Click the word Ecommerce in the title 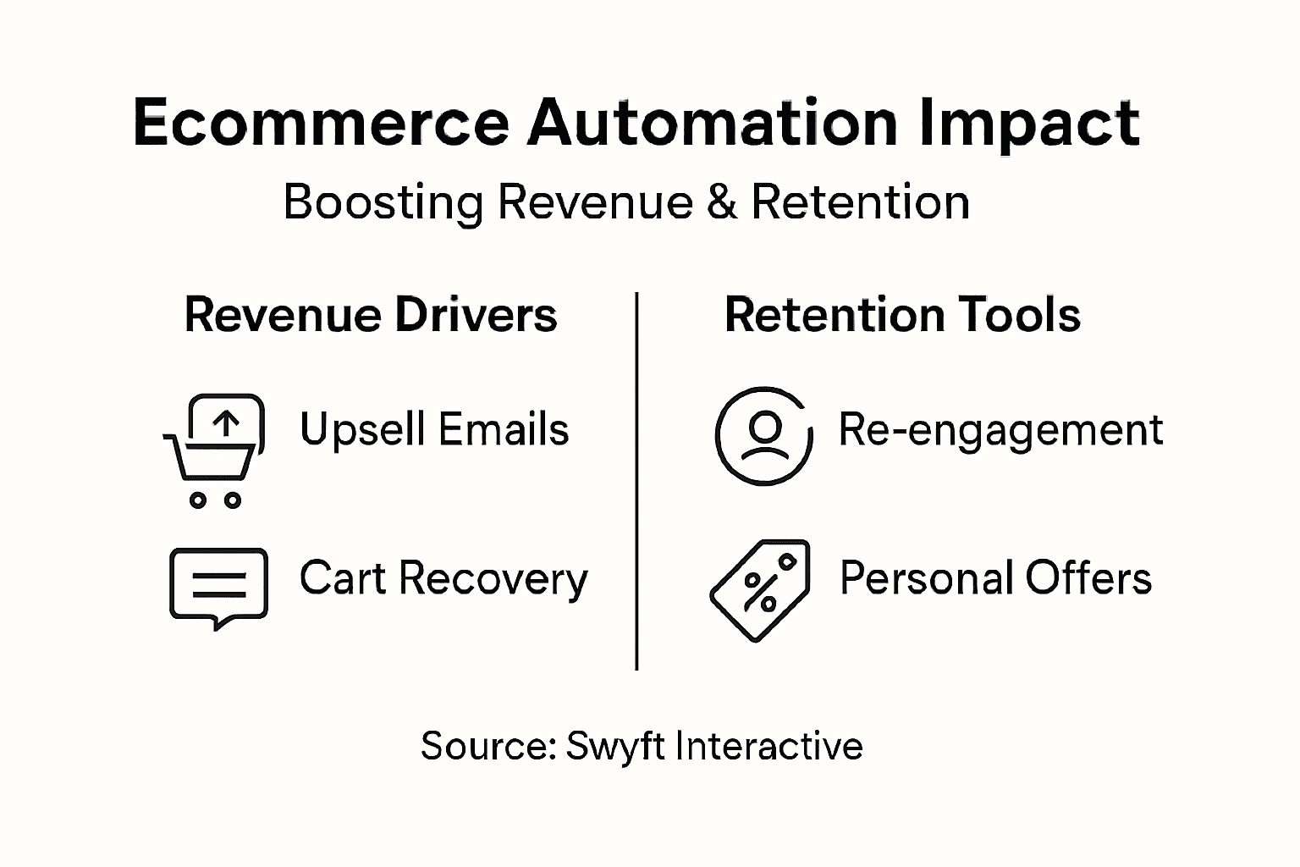tap(321, 124)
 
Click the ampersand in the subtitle tap(721, 202)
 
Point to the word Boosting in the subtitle tap(383, 204)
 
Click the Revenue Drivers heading tap(371, 315)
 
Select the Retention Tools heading tap(902, 315)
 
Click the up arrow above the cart tap(225, 422)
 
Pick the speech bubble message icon tap(218, 586)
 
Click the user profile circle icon tap(763, 436)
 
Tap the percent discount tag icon tap(760, 589)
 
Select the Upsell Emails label tap(434, 429)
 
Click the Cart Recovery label tap(443, 579)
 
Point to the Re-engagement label tap(1000, 430)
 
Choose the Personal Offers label tap(995, 579)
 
